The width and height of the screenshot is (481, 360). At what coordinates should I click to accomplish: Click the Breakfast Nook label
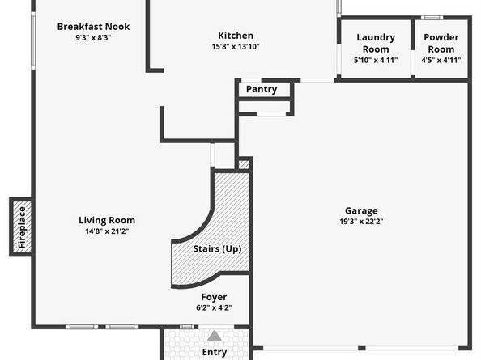click(93, 27)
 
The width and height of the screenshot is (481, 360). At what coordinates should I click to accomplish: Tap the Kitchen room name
click(236, 36)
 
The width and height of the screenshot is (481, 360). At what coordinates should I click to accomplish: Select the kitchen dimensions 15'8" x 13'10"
click(236, 47)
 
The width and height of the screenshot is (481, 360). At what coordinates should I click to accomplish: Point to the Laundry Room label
click(376, 43)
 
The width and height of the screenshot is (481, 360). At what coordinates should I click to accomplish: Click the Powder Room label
click(441, 43)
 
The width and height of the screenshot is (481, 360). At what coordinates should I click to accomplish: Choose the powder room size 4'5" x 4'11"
click(441, 60)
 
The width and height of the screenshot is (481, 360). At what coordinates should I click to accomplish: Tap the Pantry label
click(262, 89)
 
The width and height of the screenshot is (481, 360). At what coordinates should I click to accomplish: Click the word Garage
click(360, 210)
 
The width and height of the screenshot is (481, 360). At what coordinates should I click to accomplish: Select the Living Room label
click(107, 220)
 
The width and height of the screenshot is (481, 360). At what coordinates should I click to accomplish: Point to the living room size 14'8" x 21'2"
click(107, 231)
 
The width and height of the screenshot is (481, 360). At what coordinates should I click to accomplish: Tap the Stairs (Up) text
click(217, 249)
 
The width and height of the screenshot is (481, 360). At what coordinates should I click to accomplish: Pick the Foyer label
click(215, 297)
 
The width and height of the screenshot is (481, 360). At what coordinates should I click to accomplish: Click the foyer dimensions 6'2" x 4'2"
click(215, 308)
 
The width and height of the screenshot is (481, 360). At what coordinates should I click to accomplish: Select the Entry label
click(215, 352)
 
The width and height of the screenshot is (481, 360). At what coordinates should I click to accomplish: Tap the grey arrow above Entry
click(215, 336)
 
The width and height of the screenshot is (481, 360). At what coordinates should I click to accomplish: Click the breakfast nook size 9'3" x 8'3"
click(93, 38)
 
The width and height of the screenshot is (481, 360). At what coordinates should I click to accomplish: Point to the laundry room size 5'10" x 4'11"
click(376, 60)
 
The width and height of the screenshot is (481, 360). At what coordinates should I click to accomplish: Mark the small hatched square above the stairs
click(244, 164)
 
